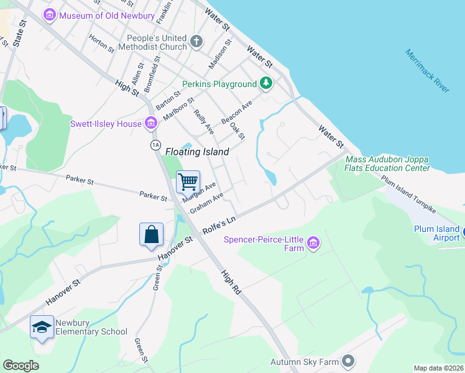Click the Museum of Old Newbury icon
pyautogui.click(x=50, y=14)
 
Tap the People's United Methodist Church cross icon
pyautogui.click(x=196, y=42)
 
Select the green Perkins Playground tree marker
pyautogui.click(x=266, y=83)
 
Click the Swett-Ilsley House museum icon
pyautogui.click(x=150, y=124)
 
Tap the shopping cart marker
pyautogui.click(x=188, y=182)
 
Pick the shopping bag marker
pyautogui.click(x=151, y=234)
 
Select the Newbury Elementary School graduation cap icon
pyautogui.click(x=42, y=327)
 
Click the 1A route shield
pyautogui.click(x=155, y=144)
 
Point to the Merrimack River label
pyautogui.click(x=426, y=71)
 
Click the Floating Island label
pyautogui.click(x=197, y=152)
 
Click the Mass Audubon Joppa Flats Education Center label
pyautogui.click(x=387, y=163)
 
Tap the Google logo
pyautogui.click(x=21, y=366)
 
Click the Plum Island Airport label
pyautogui.click(x=437, y=233)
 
